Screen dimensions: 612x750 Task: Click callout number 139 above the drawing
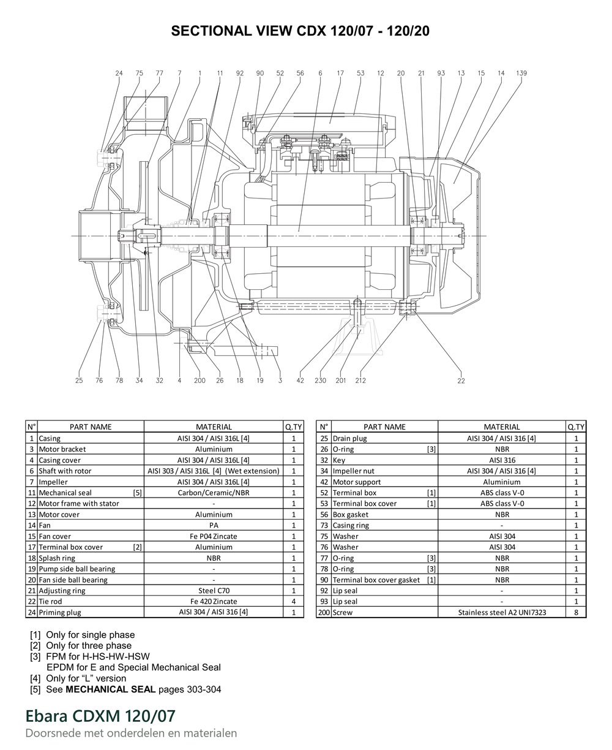click(521, 73)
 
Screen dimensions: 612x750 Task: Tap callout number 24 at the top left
click(119, 73)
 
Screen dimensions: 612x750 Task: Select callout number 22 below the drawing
click(461, 381)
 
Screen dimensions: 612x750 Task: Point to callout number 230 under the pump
click(320, 381)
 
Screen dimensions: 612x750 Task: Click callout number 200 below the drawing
click(200, 381)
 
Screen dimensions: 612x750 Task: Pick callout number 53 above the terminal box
click(360, 73)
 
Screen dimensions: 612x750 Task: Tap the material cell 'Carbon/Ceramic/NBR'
click(214, 493)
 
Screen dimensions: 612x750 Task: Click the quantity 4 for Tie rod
click(293, 601)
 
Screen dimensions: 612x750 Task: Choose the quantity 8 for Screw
click(576, 612)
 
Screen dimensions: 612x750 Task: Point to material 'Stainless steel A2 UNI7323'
click(502, 612)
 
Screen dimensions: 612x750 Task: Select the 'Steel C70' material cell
click(214, 591)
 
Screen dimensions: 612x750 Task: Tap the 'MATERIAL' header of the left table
click(214, 426)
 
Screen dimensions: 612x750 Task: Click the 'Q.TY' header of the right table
click(576, 426)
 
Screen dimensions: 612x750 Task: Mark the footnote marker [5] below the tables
click(35, 689)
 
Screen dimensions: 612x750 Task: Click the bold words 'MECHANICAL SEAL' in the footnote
click(110, 689)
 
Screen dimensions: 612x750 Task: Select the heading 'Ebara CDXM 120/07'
click(100, 716)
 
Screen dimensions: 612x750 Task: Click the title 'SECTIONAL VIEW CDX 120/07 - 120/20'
click(300, 31)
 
